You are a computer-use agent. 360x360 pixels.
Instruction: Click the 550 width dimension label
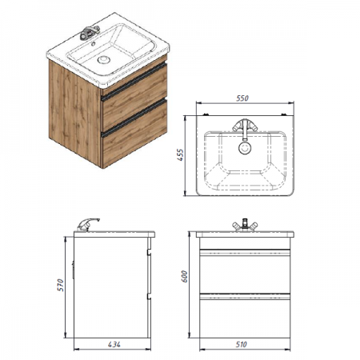(x=242, y=98)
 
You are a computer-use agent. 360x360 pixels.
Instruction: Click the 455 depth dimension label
(x=181, y=155)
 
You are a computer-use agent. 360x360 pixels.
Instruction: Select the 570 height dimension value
(x=61, y=285)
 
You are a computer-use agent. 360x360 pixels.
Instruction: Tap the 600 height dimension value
(x=184, y=277)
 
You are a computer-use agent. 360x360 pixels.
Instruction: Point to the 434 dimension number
(x=114, y=344)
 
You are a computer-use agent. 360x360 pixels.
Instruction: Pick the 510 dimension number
(x=241, y=344)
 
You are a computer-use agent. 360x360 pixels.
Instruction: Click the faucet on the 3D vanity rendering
(x=90, y=32)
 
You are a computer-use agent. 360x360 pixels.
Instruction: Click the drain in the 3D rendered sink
(x=103, y=59)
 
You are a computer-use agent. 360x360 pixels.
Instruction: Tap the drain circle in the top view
(x=245, y=148)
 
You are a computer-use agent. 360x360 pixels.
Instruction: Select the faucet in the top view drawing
(x=245, y=128)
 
